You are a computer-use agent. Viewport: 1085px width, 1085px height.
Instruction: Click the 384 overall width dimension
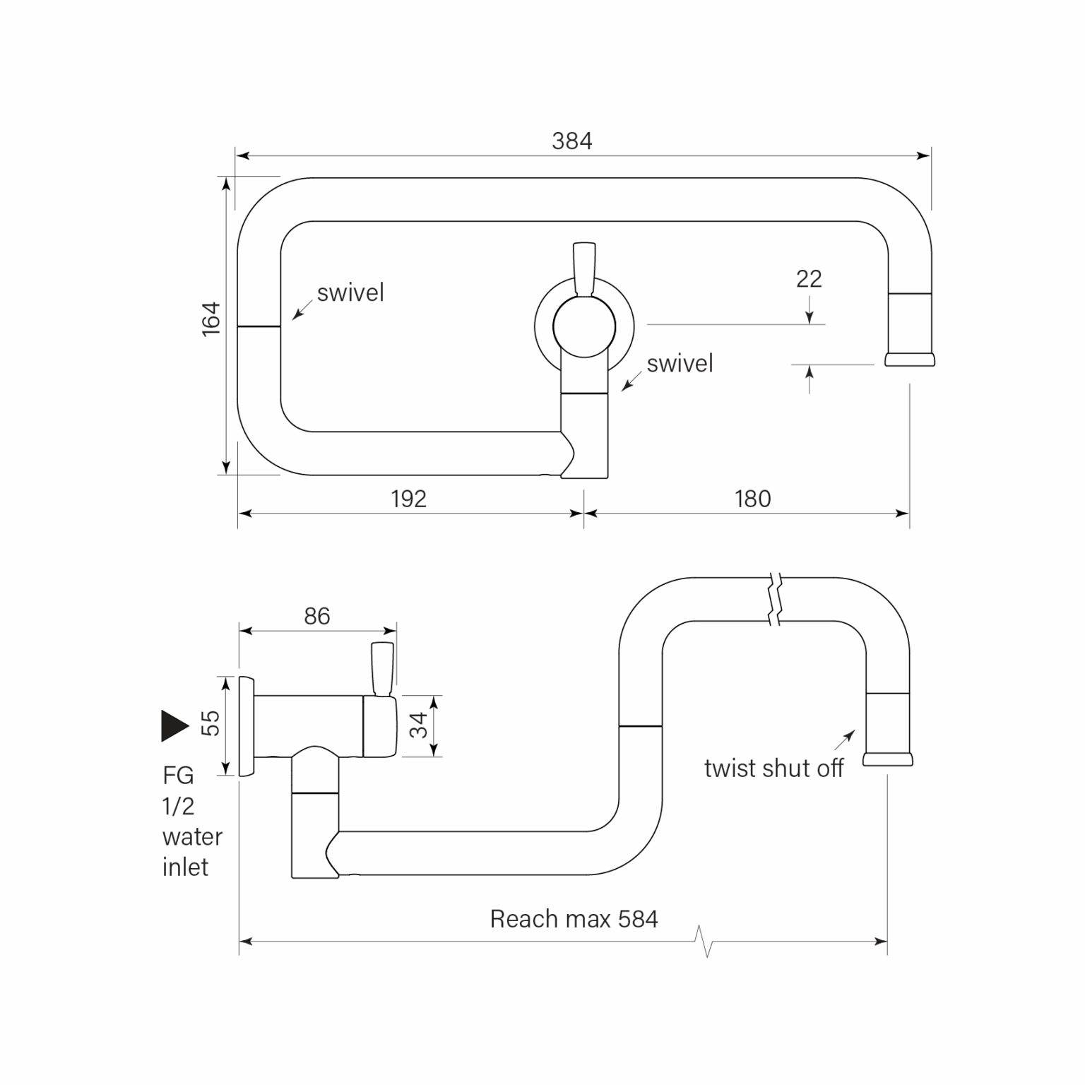(x=571, y=141)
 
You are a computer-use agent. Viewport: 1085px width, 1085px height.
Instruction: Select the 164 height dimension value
(x=211, y=319)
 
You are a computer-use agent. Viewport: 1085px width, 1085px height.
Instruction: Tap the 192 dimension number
(x=408, y=499)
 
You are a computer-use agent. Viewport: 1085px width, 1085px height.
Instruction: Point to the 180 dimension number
(x=752, y=499)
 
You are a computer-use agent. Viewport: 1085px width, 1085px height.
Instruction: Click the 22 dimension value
(x=809, y=279)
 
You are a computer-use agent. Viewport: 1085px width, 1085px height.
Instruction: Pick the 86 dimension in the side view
(x=317, y=616)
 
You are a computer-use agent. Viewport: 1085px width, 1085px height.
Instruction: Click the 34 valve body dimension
(x=419, y=725)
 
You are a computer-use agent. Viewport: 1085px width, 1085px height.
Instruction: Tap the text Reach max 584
(x=574, y=919)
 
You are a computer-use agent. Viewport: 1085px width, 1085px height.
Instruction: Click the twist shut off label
(x=773, y=769)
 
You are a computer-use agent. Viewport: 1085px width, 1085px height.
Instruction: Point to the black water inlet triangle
(x=174, y=725)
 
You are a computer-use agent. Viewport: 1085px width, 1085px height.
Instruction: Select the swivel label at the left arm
(x=350, y=292)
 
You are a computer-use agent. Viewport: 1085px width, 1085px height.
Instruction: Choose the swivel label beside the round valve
(x=680, y=364)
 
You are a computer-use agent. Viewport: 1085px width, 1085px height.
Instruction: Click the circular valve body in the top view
(x=584, y=326)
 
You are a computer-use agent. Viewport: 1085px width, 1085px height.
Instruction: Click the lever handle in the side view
(x=383, y=668)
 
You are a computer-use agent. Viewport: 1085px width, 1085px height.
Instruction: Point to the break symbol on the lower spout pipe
(x=776, y=600)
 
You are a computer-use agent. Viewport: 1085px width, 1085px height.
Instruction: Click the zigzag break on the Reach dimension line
(x=704, y=941)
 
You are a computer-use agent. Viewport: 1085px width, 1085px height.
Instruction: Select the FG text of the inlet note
(x=178, y=776)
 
